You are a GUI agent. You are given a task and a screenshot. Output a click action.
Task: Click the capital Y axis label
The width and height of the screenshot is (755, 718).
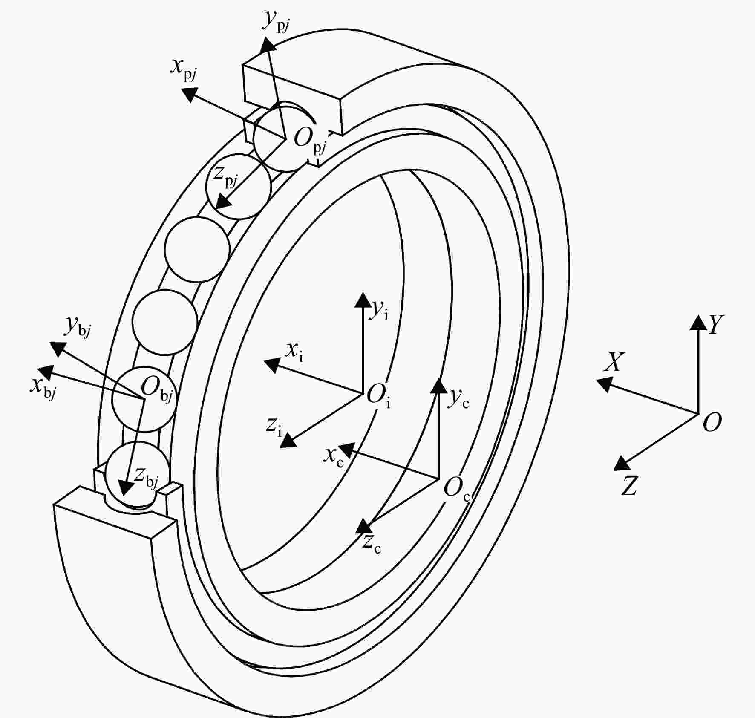tap(716, 325)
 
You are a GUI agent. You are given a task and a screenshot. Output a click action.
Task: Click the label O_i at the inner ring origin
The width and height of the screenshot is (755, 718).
tap(379, 396)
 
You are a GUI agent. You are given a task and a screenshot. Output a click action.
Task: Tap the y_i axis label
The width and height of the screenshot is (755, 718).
tap(379, 309)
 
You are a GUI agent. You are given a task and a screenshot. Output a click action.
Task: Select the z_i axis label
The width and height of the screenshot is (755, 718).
tap(274, 427)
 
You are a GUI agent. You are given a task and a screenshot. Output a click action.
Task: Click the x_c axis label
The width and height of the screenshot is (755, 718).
tap(334, 458)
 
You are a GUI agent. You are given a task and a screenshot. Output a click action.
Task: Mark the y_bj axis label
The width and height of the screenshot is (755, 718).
tap(78, 327)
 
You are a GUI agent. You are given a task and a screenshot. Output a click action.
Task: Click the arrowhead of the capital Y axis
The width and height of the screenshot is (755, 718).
tap(698, 322)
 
